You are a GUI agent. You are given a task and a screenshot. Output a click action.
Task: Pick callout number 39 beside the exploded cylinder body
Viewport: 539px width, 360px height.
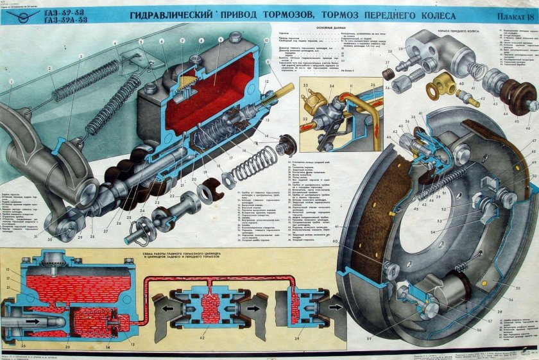coord(400,49)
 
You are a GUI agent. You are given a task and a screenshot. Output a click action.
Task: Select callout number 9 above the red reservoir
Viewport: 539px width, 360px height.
coord(220,40)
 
